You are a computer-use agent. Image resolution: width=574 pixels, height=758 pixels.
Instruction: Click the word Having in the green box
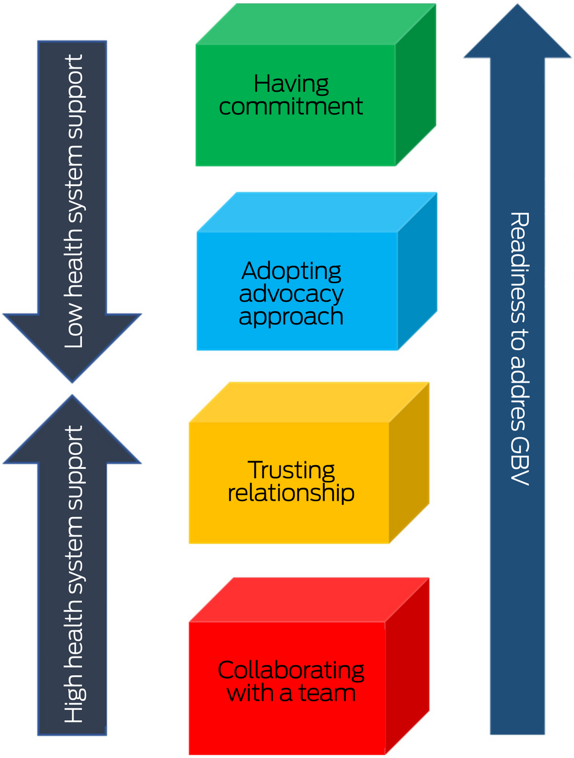[291, 84]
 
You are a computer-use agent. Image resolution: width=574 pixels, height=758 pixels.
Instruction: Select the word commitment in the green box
[291, 107]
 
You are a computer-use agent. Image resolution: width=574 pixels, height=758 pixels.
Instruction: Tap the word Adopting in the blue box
[291, 271]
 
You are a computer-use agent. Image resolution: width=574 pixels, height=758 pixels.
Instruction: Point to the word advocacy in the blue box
[291, 294]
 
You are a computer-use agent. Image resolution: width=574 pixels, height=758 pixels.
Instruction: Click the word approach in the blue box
[291, 317]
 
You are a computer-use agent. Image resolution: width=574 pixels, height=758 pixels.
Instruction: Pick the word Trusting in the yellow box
[291, 470]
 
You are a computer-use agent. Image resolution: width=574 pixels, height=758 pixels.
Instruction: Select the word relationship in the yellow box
[291, 493]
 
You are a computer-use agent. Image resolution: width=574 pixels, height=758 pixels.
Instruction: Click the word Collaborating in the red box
[291, 670]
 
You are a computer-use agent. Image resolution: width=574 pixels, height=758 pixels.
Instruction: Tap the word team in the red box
[327, 693]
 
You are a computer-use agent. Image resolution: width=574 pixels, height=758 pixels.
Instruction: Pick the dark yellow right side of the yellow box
[409, 464]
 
